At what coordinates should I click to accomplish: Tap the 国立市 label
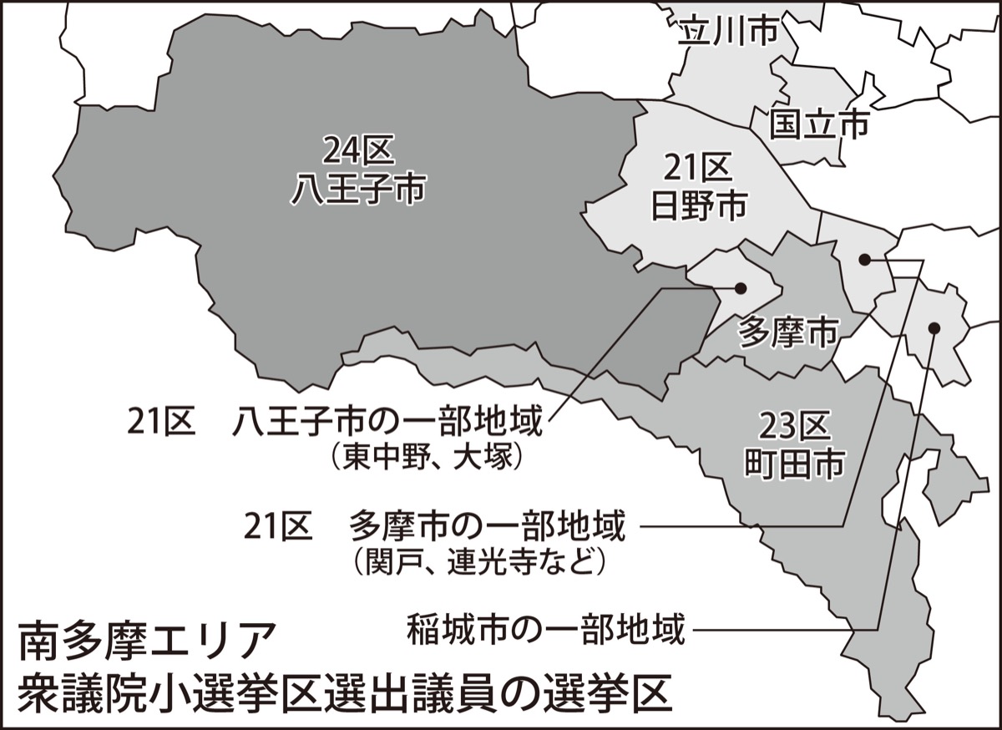pyautogui.click(x=818, y=124)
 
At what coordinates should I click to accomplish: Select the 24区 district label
pyautogui.click(x=358, y=151)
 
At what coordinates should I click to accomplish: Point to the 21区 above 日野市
pyautogui.click(x=697, y=170)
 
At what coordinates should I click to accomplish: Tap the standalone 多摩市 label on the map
pyautogui.click(x=788, y=334)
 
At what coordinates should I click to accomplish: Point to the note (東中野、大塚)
pyautogui.click(x=426, y=457)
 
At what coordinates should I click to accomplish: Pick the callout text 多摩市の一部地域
pyautogui.click(x=487, y=527)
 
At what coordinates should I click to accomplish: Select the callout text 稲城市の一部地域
pyautogui.click(x=545, y=628)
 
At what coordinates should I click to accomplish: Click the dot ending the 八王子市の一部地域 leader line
pyautogui.click(x=740, y=288)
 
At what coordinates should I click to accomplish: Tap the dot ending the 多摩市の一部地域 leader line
pyautogui.click(x=864, y=261)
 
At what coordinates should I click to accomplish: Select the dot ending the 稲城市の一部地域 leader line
pyautogui.click(x=934, y=327)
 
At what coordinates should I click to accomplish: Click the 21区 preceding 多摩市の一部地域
pyautogui.click(x=278, y=527)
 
